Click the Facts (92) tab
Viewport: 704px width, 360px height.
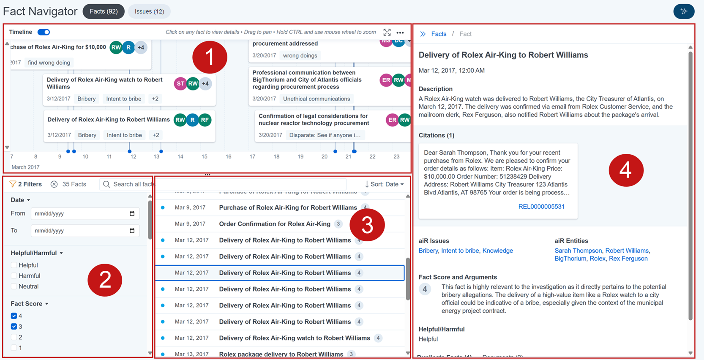tap(104, 11)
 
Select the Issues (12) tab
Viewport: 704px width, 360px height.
tap(149, 11)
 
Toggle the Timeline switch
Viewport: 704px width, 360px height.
tap(44, 32)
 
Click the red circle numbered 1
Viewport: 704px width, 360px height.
tap(210, 57)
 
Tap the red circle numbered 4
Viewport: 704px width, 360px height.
tap(625, 170)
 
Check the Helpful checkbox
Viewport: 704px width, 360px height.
tap(14, 265)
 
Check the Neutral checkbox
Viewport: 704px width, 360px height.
tap(14, 286)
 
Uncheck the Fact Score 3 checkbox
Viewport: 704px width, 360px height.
tap(14, 327)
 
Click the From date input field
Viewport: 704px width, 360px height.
tap(80, 214)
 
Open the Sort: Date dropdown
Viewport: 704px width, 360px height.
tap(384, 184)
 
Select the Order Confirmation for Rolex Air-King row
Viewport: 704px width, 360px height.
tap(275, 224)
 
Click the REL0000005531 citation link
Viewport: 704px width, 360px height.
tap(541, 207)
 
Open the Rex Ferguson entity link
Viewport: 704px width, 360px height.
tap(628, 259)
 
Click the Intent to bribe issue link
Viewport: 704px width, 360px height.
tap(460, 251)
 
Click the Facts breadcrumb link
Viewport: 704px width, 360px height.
tap(439, 34)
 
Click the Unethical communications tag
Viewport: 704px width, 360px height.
tap(317, 99)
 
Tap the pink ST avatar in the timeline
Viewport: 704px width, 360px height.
tap(180, 84)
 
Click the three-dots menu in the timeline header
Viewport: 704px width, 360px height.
tap(400, 33)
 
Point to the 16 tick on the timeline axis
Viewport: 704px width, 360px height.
tap(228, 157)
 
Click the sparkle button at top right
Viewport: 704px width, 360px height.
tap(683, 11)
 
